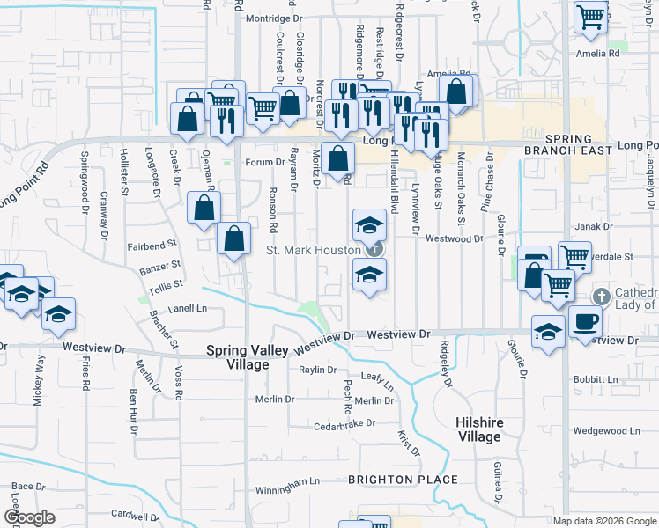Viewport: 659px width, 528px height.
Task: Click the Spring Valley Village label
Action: tap(247, 356)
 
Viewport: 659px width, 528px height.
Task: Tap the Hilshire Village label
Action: tap(478, 429)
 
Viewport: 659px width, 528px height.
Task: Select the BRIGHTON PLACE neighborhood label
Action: tap(403, 480)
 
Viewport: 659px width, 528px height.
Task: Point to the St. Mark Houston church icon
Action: tap(374, 249)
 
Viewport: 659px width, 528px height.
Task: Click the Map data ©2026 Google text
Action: tap(604, 521)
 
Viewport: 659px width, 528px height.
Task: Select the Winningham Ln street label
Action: tap(287, 482)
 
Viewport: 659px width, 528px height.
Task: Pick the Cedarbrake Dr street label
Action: tap(345, 424)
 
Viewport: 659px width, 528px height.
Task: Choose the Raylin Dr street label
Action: tap(318, 370)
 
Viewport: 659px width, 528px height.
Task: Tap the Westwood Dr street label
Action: tap(455, 238)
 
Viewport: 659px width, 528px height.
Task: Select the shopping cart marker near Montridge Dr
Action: tap(590, 15)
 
